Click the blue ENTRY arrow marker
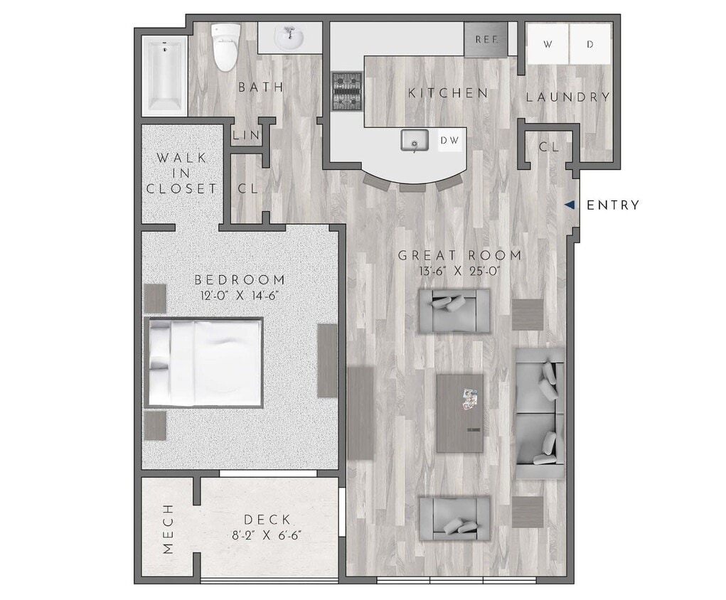click(x=570, y=205)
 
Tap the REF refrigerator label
click(x=486, y=40)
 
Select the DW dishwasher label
click(x=449, y=141)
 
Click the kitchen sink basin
click(x=413, y=141)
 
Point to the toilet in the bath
click(x=226, y=47)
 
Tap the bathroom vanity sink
click(x=289, y=37)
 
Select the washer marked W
click(x=548, y=44)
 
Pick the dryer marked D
click(x=590, y=44)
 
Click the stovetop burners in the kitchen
click(x=347, y=92)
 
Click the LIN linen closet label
click(x=246, y=135)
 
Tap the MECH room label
click(x=168, y=529)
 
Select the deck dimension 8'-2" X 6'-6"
click(x=266, y=536)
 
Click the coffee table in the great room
click(x=459, y=414)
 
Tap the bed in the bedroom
click(x=205, y=363)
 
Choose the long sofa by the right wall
click(x=540, y=412)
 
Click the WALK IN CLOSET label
click(x=181, y=173)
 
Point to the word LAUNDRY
click(x=568, y=97)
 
